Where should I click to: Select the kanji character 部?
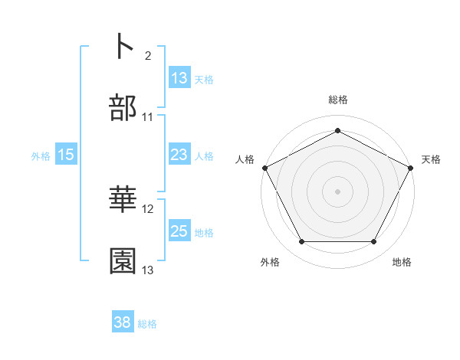point(123,108)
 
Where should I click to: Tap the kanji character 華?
point(123,200)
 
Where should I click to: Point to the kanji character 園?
point(123,261)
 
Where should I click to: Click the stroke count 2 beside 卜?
point(147,56)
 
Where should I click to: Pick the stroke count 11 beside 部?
point(148,117)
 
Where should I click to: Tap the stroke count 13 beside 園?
point(148,270)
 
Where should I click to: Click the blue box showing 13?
point(179,78)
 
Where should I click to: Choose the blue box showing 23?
point(179,155)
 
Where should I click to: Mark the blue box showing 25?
point(179,231)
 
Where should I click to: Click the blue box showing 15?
point(66,155)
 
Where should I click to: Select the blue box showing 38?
point(123,323)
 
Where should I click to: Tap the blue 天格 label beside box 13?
point(203,80)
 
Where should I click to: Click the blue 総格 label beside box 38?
point(147,325)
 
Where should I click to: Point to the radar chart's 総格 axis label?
point(337,100)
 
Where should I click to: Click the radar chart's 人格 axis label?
point(245,159)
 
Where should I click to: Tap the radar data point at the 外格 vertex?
point(301,242)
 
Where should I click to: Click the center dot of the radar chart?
point(337,191)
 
